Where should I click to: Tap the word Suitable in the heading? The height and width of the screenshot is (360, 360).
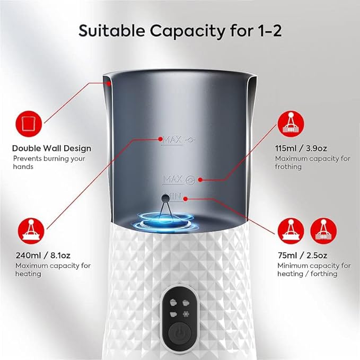tap(110, 30)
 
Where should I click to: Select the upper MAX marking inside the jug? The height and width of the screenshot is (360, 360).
tap(173, 140)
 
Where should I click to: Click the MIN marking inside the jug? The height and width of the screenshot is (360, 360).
tap(173, 197)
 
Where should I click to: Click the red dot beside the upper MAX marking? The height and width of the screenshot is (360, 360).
tap(160, 139)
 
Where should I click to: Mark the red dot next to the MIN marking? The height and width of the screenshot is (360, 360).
tap(185, 199)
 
